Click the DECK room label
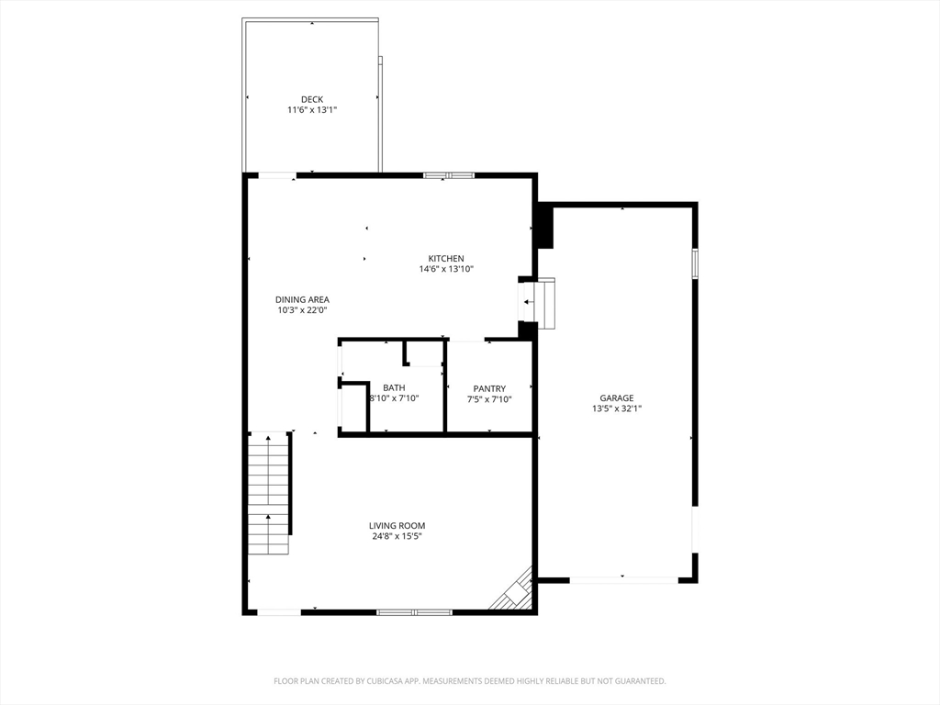[x=312, y=99]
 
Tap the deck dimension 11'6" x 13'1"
[x=312, y=110]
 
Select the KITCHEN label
[x=446, y=258]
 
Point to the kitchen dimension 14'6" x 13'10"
[x=446, y=269]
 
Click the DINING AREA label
[x=302, y=299]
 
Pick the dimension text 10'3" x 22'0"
[x=302, y=310]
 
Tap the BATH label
[x=394, y=387]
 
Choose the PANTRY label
[x=490, y=388]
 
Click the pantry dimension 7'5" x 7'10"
[x=490, y=399]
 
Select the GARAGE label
[x=617, y=398]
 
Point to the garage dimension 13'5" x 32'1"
[x=617, y=409]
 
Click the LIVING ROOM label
[x=397, y=525]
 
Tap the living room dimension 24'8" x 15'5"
[x=397, y=536]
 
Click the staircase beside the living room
[x=269, y=494]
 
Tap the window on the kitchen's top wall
[x=448, y=174]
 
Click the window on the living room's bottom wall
[x=414, y=611]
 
